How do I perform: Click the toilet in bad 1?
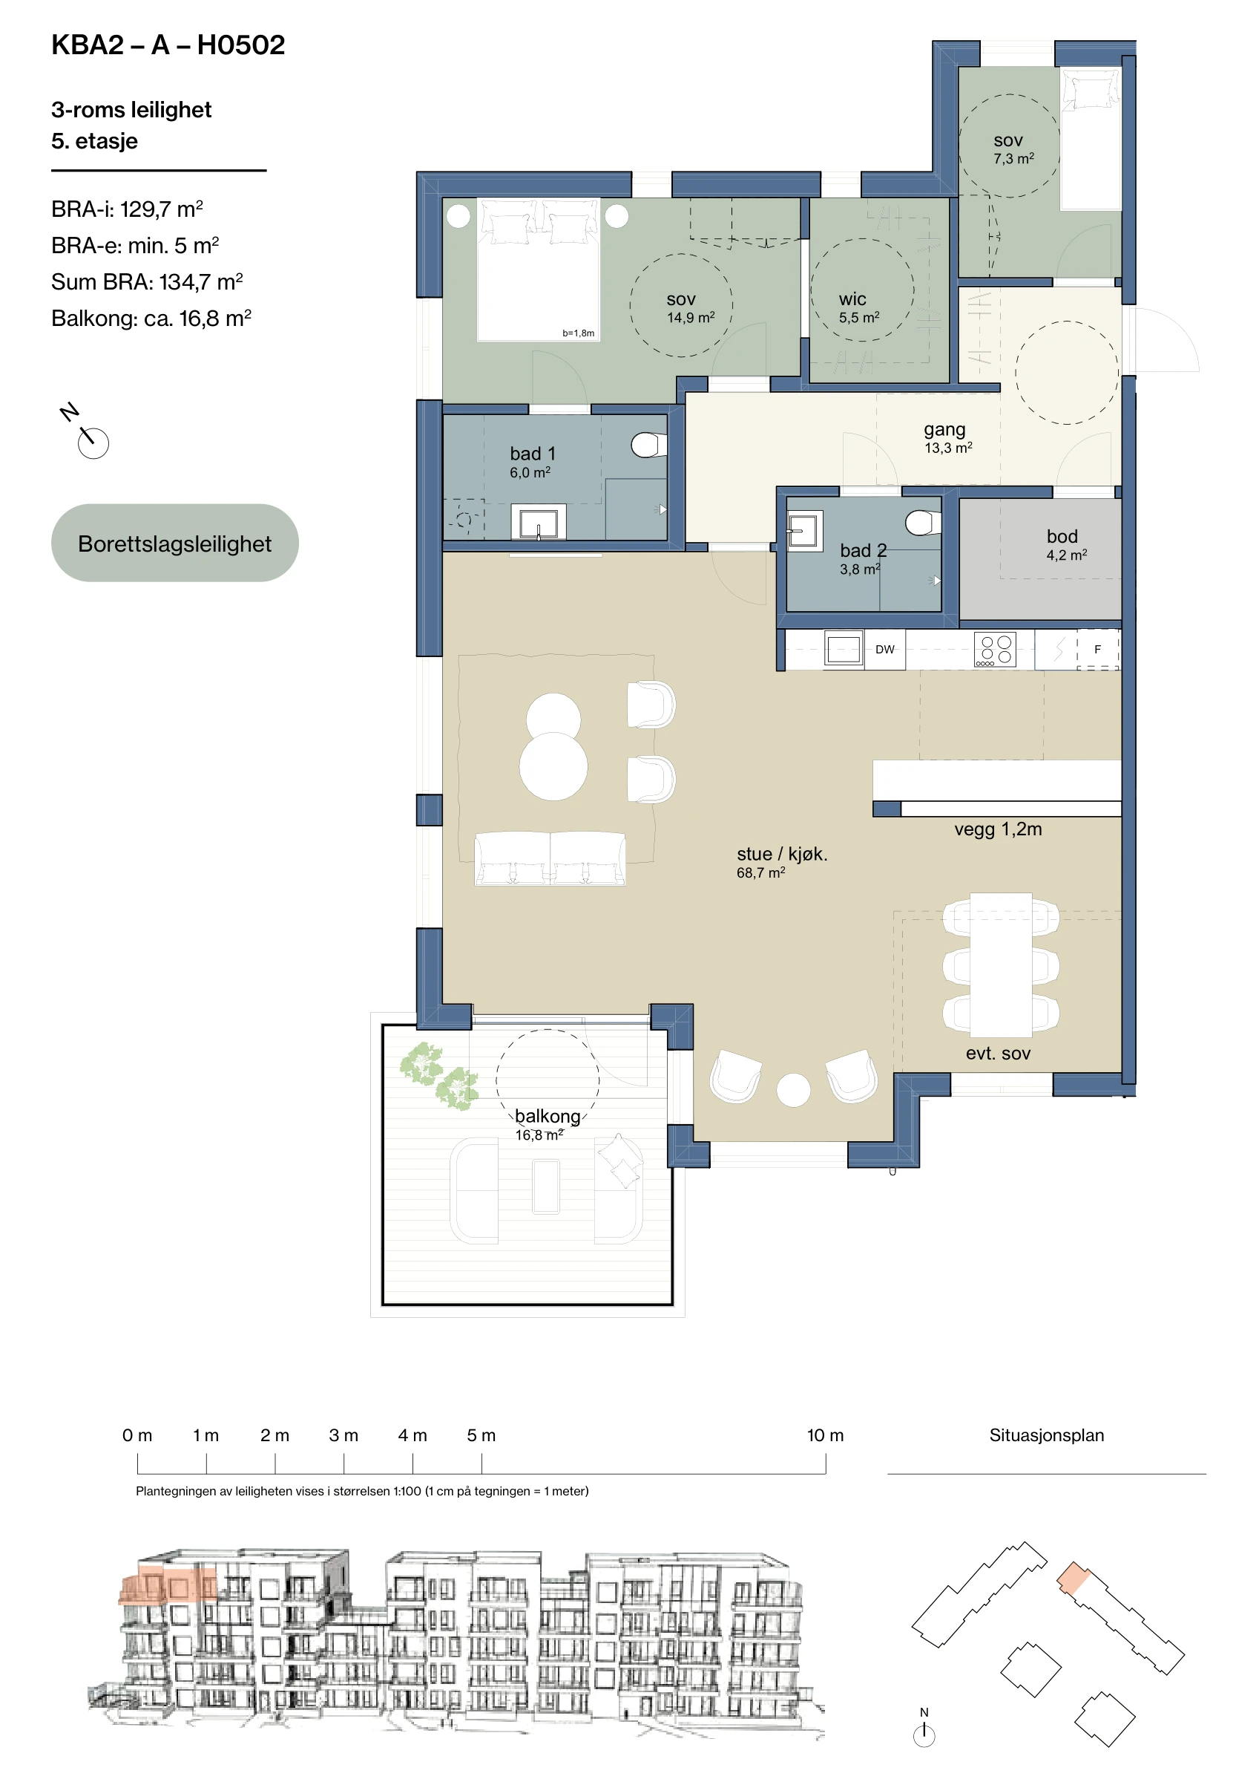tap(648, 445)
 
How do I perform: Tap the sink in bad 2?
tap(804, 532)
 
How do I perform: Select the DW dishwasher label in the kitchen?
tap(884, 650)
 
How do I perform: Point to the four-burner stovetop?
tap(995, 650)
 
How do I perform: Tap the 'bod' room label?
tap(1062, 536)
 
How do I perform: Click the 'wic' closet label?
tap(852, 298)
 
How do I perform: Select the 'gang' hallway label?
tap(944, 430)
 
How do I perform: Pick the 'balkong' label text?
tap(548, 1116)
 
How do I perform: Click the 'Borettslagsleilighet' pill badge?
tap(174, 543)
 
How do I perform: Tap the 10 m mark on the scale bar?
tap(826, 1463)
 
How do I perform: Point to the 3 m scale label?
tap(343, 1435)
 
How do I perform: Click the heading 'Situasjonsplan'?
tap(1047, 1435)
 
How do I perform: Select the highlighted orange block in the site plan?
tap(1074, 1577)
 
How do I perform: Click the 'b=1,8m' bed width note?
tap(579, 333)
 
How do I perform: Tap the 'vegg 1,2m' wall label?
tap(998, 829)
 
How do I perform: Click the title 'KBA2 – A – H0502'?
tap(168, 45)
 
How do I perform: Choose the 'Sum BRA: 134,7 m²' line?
tap(148, 281)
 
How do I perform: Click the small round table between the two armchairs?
tap(794, 1090)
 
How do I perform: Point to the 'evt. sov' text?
tap(998, 1053)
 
